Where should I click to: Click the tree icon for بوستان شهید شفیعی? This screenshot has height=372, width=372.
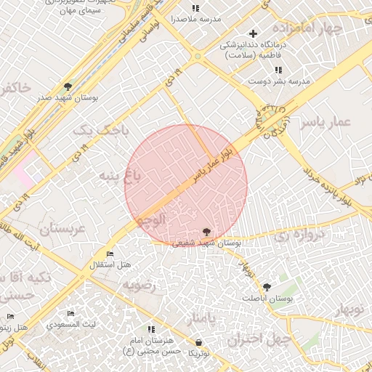point(208,231)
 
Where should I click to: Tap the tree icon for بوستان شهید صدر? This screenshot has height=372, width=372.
point(68,86)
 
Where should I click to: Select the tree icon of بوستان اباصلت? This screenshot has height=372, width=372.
point(267,287)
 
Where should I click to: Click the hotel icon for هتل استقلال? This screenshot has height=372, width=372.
point(110,254)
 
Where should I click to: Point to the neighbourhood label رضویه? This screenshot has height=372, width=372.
point(139,286)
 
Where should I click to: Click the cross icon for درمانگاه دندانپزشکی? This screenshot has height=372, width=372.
point(253,33)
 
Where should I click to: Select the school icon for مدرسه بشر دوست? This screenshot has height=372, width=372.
point(277,69)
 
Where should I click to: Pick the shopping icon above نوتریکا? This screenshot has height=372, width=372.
point(199,341)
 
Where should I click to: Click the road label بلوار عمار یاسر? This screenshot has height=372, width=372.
point(216,163)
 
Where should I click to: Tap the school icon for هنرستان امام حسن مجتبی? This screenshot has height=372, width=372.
point(151,329)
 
